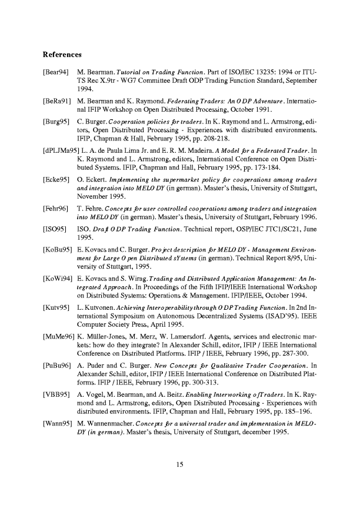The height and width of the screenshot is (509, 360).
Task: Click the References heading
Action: (x=62, y=55)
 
